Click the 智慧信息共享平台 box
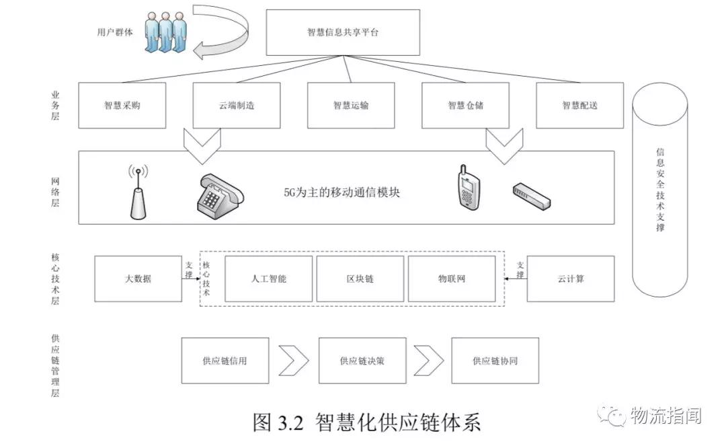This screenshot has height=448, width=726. [343, 32]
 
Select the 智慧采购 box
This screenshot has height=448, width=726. [122, 106]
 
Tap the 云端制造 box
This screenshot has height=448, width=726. [236, 106]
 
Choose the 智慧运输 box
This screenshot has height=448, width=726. [351, 106]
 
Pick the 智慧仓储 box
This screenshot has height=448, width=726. [465, 106]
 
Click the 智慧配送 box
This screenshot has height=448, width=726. [579, 106]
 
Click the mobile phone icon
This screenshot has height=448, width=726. [467, 188]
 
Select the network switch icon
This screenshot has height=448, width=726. [531, 195]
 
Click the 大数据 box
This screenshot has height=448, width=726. [138, 278]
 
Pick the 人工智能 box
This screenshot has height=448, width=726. [268, 278]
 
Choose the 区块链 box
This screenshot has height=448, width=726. [360, 278]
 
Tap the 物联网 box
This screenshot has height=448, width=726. [452, 278]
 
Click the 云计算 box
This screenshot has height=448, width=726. [570, 278]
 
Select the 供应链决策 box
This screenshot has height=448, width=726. [362, 361]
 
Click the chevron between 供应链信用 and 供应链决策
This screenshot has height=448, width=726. [293, 361]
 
